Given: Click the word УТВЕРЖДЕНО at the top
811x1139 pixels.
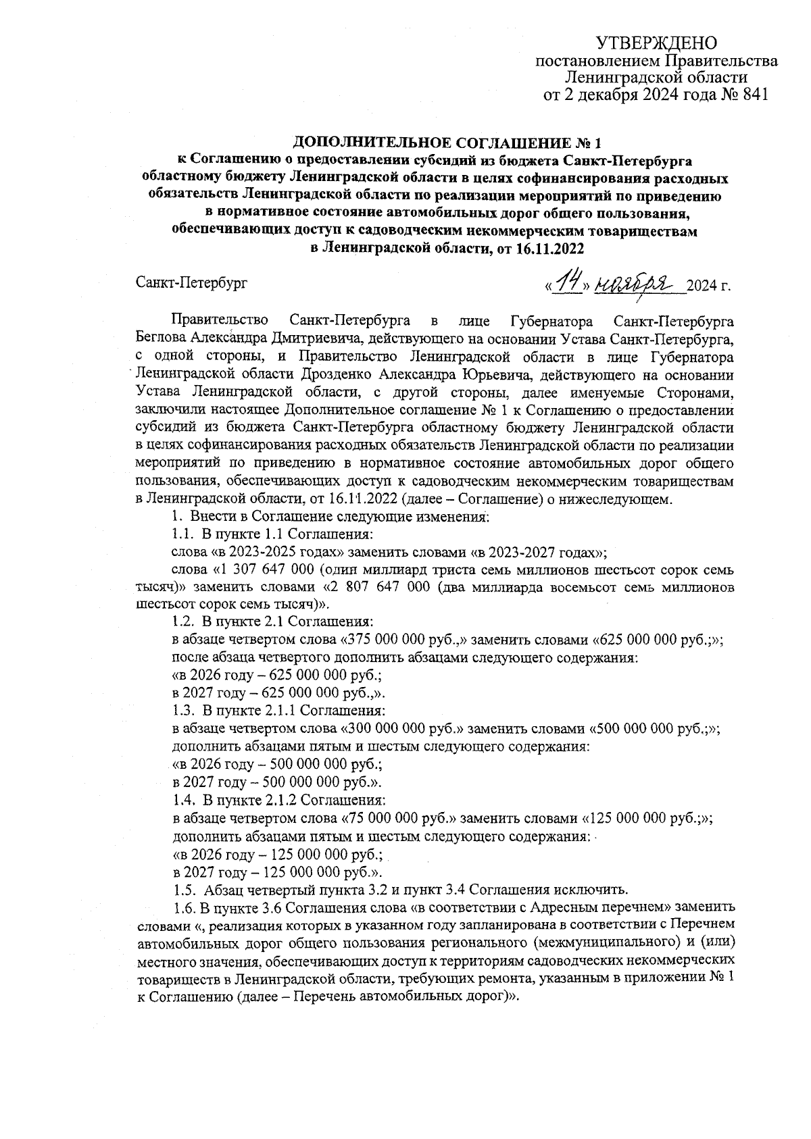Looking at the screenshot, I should [656, 44].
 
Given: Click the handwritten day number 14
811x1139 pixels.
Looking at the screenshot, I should [568, 284].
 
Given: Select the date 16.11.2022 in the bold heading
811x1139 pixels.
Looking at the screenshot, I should [549, 248].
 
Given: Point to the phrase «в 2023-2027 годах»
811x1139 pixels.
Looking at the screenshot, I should [536, 552].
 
